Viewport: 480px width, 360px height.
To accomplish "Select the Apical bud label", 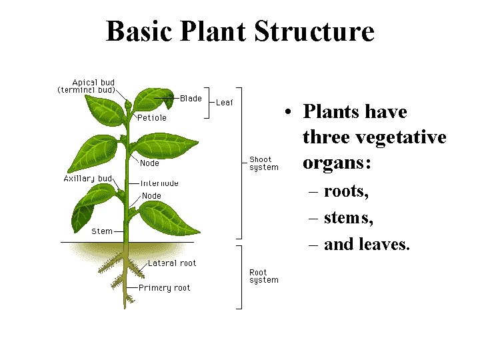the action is pyautogui.click(x=93, y=83).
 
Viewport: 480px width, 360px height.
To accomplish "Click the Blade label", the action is pyautogui.click(x=191, y=99).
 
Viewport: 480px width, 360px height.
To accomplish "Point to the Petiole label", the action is pyautogui.click(x=152, y=118).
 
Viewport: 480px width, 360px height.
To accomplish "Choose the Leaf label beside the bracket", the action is pyautogui.click(x=224, y=103).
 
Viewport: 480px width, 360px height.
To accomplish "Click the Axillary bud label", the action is pyautogui.click(x=87, y=179).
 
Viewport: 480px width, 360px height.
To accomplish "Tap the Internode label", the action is pyautogui.click(x=159, y=183).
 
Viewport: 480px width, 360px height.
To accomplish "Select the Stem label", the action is pyautogui.click(x=102, y=231).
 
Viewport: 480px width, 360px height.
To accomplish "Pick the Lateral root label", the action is pyautogui.click(x=172, y=263).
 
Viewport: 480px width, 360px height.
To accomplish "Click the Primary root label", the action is pyautogui.click(x=164, y=288).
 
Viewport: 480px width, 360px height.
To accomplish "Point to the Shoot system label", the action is pyautogui.click(x=263, y=163).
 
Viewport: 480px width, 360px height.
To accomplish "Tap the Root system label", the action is pyautogui.click(x=263, y=276).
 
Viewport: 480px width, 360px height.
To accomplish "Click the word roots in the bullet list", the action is pyautogui.click(x=346, y=192).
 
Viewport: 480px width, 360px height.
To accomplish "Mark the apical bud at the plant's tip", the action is pyautogui.click(x=128, y=103).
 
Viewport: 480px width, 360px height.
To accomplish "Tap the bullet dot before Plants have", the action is pyautogui.click(x=285, y=112).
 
